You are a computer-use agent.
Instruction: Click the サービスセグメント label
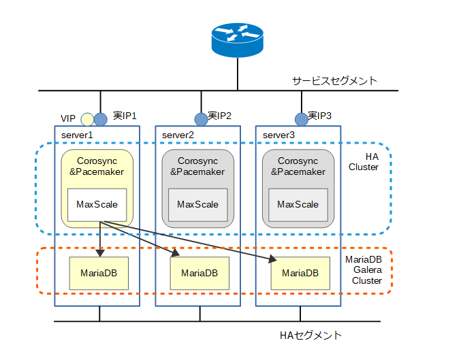335,80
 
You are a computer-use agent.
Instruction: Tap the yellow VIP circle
87,119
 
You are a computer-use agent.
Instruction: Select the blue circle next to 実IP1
101,119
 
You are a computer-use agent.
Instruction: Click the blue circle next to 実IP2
201,119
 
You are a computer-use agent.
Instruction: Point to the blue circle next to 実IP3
301,119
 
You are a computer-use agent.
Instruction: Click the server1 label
76,135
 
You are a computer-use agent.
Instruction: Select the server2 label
178,135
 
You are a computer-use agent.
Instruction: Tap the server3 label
278,135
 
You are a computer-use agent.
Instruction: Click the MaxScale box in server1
97,204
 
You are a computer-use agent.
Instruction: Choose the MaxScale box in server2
197,204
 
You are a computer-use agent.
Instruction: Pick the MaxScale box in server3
298,204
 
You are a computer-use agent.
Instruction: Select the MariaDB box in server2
199,273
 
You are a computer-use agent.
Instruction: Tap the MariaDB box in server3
300,274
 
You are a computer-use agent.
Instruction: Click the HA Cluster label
362,161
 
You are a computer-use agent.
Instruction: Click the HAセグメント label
310,336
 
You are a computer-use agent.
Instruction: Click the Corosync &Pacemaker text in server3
298,167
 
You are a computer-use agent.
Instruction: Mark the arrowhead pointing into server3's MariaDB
274,260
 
